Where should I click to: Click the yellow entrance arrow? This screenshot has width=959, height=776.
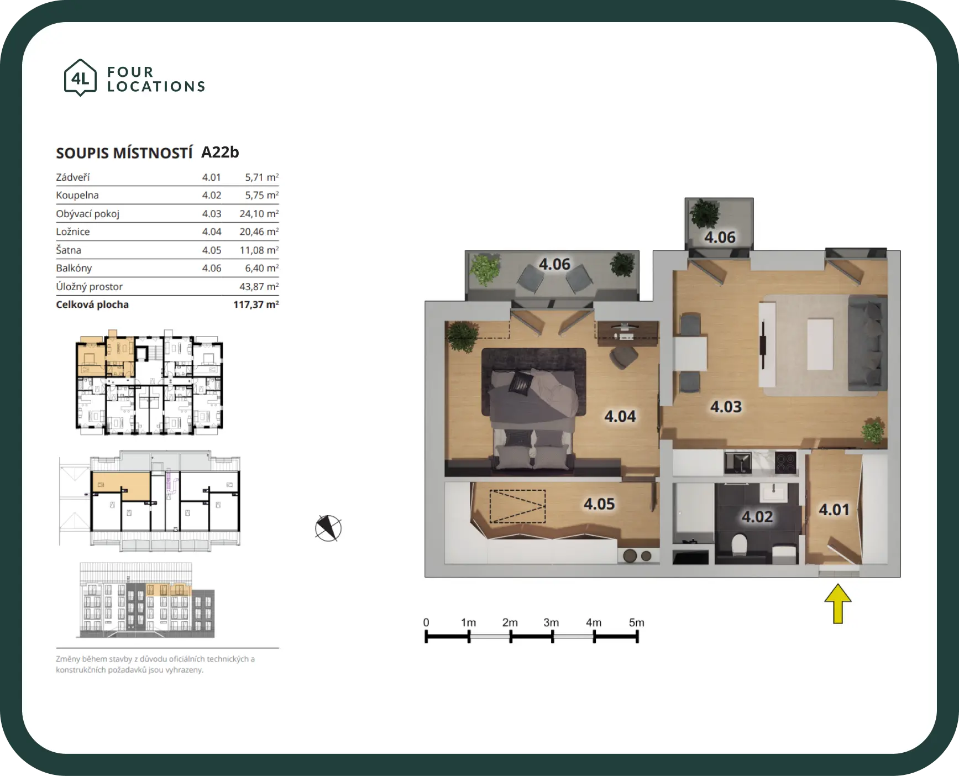(838, 604)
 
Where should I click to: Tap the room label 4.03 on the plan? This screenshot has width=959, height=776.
(726, 407)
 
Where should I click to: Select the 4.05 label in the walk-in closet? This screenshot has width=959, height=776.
(599, 504)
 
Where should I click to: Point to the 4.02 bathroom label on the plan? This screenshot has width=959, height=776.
(757, 517)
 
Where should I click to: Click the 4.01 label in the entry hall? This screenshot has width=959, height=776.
(834, 510)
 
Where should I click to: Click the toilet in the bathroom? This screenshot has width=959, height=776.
(738, 546)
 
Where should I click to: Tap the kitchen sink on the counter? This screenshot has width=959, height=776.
(738, 463)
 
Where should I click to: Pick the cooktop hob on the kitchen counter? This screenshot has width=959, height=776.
(785, 463)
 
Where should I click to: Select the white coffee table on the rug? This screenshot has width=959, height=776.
(820, 344)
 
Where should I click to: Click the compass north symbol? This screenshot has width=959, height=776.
(328, 528)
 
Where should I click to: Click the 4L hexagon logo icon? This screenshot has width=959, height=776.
(80, 78)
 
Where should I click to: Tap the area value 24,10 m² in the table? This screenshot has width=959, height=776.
(259, 213)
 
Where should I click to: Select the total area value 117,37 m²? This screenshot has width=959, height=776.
(256, 305)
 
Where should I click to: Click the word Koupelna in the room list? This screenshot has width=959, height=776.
(77, 195)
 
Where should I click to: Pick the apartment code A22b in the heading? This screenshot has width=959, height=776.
(220, 153)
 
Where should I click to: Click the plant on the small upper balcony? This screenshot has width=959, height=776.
(705, 213)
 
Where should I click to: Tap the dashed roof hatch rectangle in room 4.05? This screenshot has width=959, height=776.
(517, 506)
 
